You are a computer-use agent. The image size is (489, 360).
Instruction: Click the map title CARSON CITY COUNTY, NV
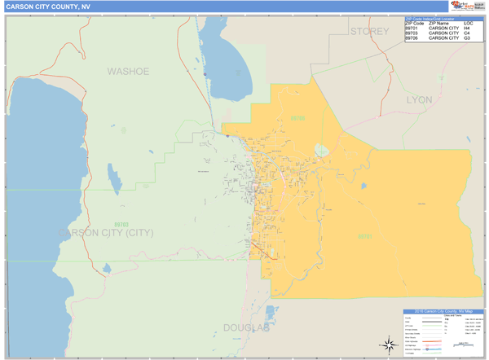[x=45, y=7]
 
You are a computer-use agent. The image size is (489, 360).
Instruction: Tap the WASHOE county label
[x=128, y=72]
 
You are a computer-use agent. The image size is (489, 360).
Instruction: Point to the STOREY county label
[x=371, y=31]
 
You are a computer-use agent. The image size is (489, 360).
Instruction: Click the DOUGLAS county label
[x=245, y=327]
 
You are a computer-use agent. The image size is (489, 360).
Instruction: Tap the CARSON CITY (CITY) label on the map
[x=106, y=233]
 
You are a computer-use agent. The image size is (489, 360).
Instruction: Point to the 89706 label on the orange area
[x=297, y=119]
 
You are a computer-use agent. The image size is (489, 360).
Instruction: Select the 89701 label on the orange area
[x=364, y=237]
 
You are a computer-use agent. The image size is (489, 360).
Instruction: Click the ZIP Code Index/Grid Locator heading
[x=430, y=18]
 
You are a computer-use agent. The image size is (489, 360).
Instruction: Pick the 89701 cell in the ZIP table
[x=412, y=28]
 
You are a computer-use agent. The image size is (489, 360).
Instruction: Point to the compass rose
[x=382, y=342]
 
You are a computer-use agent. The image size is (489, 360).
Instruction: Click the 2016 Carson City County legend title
[x=443, y=312]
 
